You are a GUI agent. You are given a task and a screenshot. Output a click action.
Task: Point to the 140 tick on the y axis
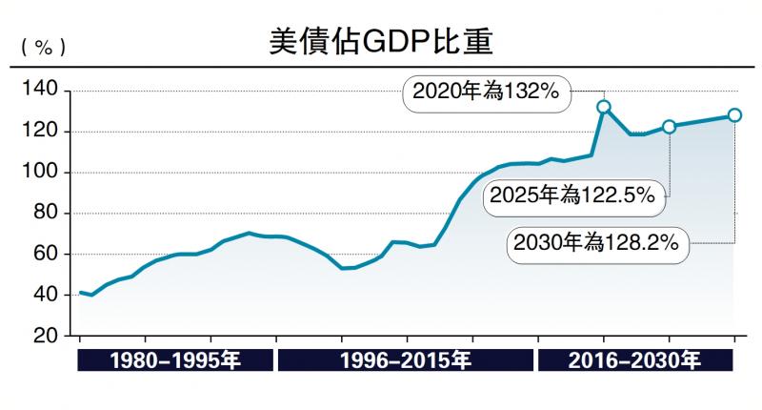coord(39,91)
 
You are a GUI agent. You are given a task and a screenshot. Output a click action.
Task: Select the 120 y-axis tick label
coord(39,132)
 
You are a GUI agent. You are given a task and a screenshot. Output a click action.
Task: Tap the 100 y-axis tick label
coord(39,173)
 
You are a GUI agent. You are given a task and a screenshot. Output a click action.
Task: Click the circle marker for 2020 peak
coord(603,107)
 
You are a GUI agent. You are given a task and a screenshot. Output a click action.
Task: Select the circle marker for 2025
coord(669,127)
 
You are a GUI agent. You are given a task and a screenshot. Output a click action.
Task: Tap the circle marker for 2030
coord(734,115)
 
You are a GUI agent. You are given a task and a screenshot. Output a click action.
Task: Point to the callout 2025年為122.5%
coord(571,196)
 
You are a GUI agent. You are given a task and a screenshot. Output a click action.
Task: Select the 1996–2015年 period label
coord(406,361)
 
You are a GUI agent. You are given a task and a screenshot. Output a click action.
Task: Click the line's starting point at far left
coord(80,292)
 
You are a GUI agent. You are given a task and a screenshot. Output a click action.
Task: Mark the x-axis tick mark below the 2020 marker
coord(603,340)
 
